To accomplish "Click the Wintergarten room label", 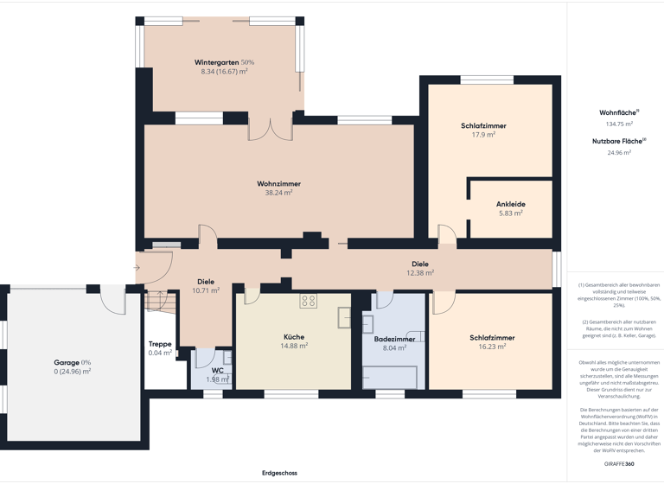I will [216, 62].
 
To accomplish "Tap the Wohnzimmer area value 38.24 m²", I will [278, 193].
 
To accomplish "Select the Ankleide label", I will [510, 204].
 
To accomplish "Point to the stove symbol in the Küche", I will [309, 301].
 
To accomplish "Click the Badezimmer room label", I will [394, 339].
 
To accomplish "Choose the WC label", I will [218, 370].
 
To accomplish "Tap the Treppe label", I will [160, 343].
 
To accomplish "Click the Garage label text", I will [67, 362].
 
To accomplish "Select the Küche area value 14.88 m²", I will [294, 346].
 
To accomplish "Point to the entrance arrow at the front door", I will [137, 268].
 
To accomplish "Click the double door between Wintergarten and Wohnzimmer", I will [271, 130].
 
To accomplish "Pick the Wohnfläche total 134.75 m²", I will [618, 124].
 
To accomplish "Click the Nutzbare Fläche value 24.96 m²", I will [618, 152].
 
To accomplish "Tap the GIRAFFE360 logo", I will [618, 464].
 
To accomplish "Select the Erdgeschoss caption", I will [279, 473].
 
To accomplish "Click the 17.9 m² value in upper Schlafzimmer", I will [483, 135].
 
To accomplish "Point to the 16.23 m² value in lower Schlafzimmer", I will [492, 347].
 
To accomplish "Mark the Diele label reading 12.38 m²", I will [420, 272].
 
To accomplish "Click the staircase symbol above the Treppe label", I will [156, 302].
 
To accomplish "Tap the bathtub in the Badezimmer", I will [389, 377].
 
